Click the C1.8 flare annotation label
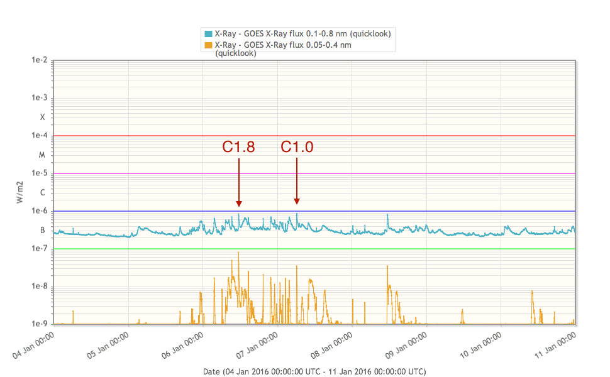(239, 147)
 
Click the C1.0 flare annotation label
(297, 147)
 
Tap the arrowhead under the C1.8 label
(239, 202)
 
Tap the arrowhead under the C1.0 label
(297, 200)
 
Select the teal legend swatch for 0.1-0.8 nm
(208, 33)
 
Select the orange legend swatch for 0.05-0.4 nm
(208, 45)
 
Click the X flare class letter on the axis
(43, 117)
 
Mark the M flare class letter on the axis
(43, 155)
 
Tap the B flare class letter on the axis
(43, 230)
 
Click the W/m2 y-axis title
(19, 192)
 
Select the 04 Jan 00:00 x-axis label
(35, 346)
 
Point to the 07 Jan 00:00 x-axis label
(258, 346)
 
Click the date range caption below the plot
(314, 371)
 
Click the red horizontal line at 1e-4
(377, 136)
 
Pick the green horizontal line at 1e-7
(377, 249)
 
